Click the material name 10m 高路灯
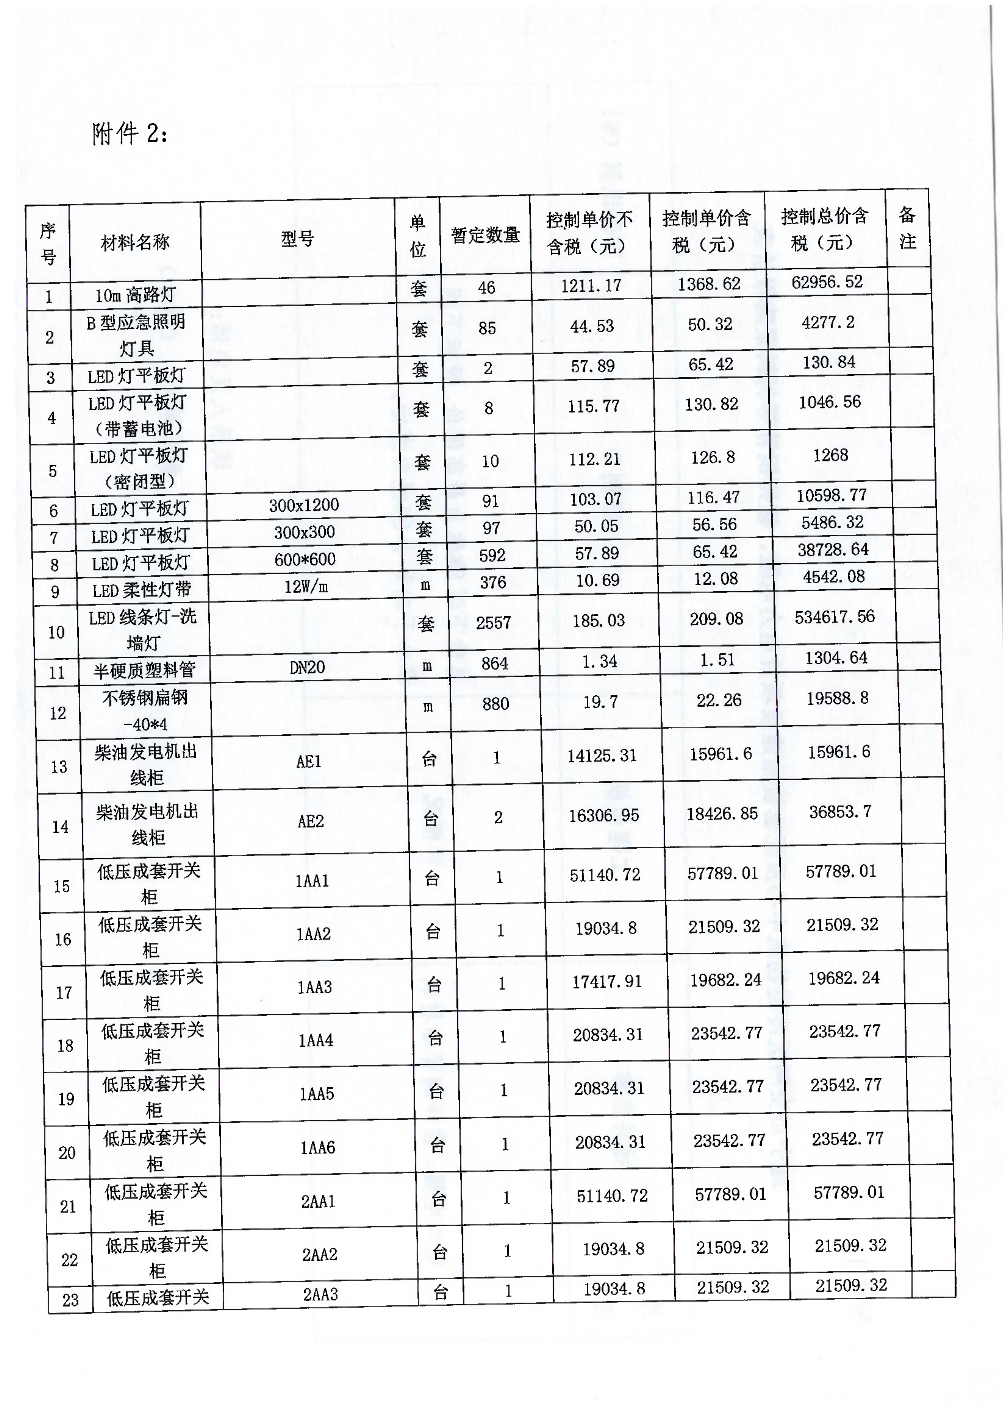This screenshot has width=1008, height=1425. pyautogui.click(x=135, y=295)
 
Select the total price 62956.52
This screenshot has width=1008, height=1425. pyautogui.click(x=827, y=282)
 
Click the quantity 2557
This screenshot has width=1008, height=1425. pyautogui.click(x=493, y=622)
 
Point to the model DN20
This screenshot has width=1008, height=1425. pyautogui.click(x=307, y=667)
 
